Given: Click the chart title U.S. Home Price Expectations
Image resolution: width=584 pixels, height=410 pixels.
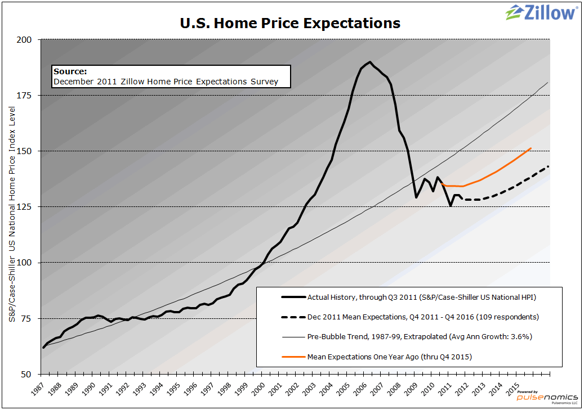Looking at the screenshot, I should pos(290,23).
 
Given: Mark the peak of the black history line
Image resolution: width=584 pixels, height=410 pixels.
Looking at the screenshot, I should pos(369,62).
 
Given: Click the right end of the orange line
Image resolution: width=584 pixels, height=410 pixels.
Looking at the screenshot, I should pos(531,148).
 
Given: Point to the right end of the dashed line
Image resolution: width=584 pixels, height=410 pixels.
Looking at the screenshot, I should pos(549,166).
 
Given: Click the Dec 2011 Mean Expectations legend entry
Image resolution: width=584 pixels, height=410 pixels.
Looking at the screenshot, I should pos(423,317).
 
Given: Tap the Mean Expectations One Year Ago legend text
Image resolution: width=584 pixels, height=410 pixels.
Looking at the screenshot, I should pos(389,357).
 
